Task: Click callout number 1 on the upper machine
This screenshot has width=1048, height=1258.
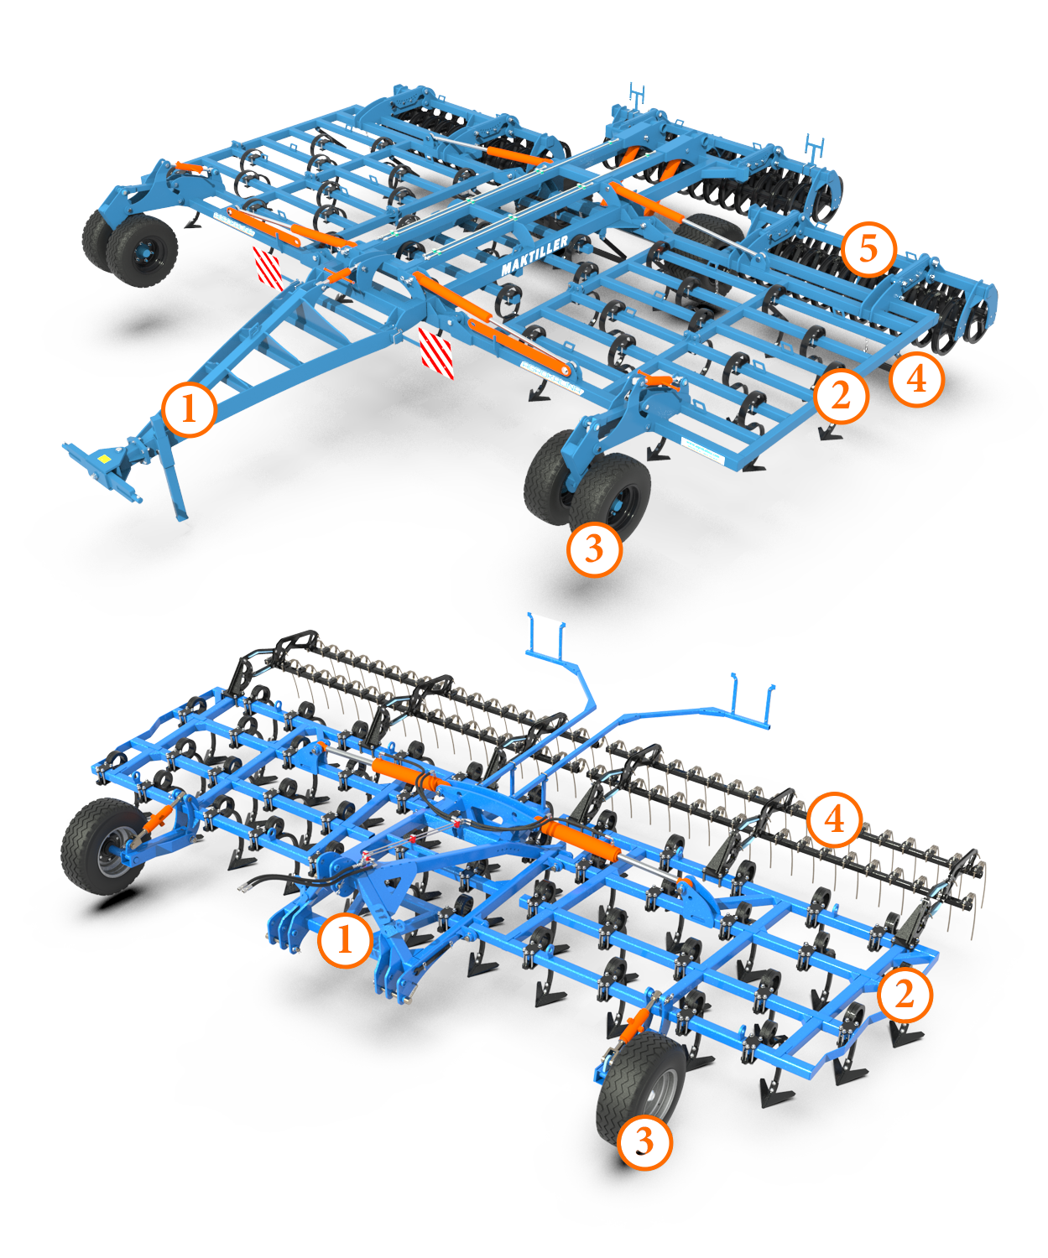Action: coord(189,410)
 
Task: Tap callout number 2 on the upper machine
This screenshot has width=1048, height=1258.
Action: coord(841,396)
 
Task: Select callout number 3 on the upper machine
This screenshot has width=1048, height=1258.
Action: coord(594,548)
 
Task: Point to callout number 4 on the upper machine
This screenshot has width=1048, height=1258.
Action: coord(916,379)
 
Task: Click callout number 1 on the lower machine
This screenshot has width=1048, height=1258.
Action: coord(345,938)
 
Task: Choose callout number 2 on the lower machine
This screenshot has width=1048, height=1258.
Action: coord(905,994)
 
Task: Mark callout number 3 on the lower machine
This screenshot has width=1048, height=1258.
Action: coord(644,1141)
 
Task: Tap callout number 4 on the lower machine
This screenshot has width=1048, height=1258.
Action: coord(835,820)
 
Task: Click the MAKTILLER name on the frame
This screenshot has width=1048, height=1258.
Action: coord(534,255)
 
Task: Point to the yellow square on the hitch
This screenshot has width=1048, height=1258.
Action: coord(105,458)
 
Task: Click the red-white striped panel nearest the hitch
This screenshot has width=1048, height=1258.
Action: coord(436,353)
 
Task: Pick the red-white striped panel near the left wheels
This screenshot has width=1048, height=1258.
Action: coord(267,268)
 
